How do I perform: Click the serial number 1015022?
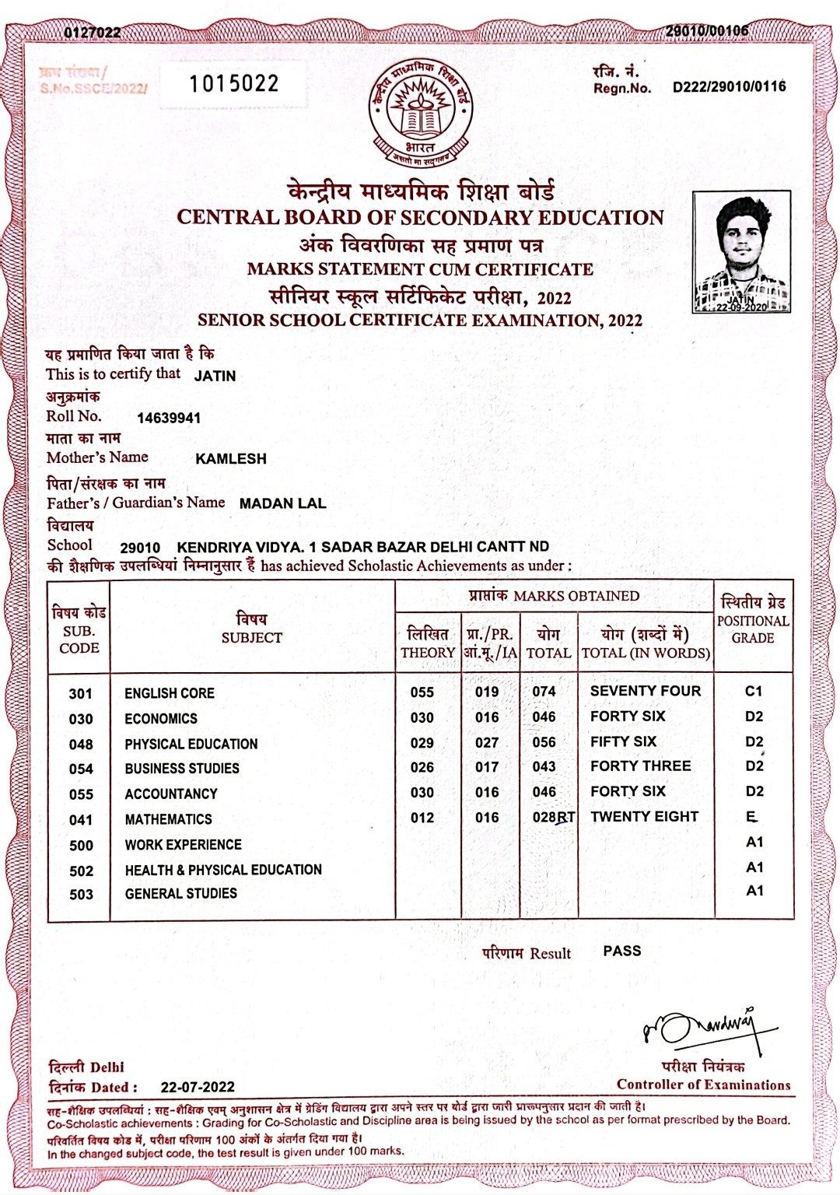coord(233,83)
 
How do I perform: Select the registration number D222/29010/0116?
coord(729,87)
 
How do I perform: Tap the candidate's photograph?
coord(741,253)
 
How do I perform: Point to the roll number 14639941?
coord(169,418)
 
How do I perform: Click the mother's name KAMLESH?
coord(231,459)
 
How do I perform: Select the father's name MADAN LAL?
coord(282,503)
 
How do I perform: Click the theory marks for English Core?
coord(422,692)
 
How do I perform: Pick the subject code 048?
coord(81,745)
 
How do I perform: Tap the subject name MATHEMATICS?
coord(168,819)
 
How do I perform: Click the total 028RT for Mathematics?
coord(553,818)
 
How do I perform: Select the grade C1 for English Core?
coord(754,691)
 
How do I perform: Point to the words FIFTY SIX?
coord(623,741)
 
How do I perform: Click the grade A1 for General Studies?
coord(754,891)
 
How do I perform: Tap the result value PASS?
coord(622,951)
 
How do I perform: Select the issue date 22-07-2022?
coord(198,1087)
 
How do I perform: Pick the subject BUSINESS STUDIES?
coord(182,769)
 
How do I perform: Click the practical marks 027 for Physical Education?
coord(487,743)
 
